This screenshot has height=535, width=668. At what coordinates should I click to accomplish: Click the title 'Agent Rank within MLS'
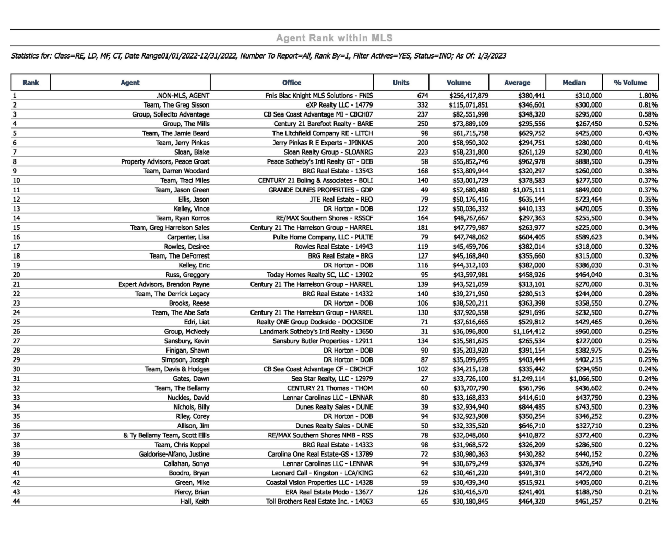pyautogui.click(x=334, y=38)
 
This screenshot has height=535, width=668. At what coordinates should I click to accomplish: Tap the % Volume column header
pyautogui.click(x=630, y=83)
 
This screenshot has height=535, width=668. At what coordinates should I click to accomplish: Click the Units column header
pyautogui.click(x=401, y=83)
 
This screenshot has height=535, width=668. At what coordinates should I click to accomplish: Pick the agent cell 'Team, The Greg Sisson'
pyautogui.click(x=176, y=105)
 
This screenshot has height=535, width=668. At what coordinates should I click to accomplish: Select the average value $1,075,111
pyautogui.click(x=529, y=190)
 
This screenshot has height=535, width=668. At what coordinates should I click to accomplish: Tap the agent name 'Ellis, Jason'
pyautogui.click(x=194, y=200)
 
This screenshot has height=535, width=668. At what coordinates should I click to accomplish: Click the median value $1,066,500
pyautogui.click(x=586, y=379)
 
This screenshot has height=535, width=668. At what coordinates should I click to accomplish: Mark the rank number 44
pyautogui.click(x=16, y=502)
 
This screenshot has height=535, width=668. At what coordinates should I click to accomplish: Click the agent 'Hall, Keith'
pyautogui.click(x=195, y=502)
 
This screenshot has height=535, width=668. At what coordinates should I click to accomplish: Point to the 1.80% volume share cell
pyautogui.click(x=648, y=96)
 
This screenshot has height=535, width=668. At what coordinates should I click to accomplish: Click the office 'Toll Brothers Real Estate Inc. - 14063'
pyautogui.click(x=319, y=502)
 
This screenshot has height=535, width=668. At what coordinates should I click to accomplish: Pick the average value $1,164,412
pyautogui.click(x=529, y=332)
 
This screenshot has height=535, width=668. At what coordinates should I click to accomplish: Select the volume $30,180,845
pyautogui.click(x=470, y=502)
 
